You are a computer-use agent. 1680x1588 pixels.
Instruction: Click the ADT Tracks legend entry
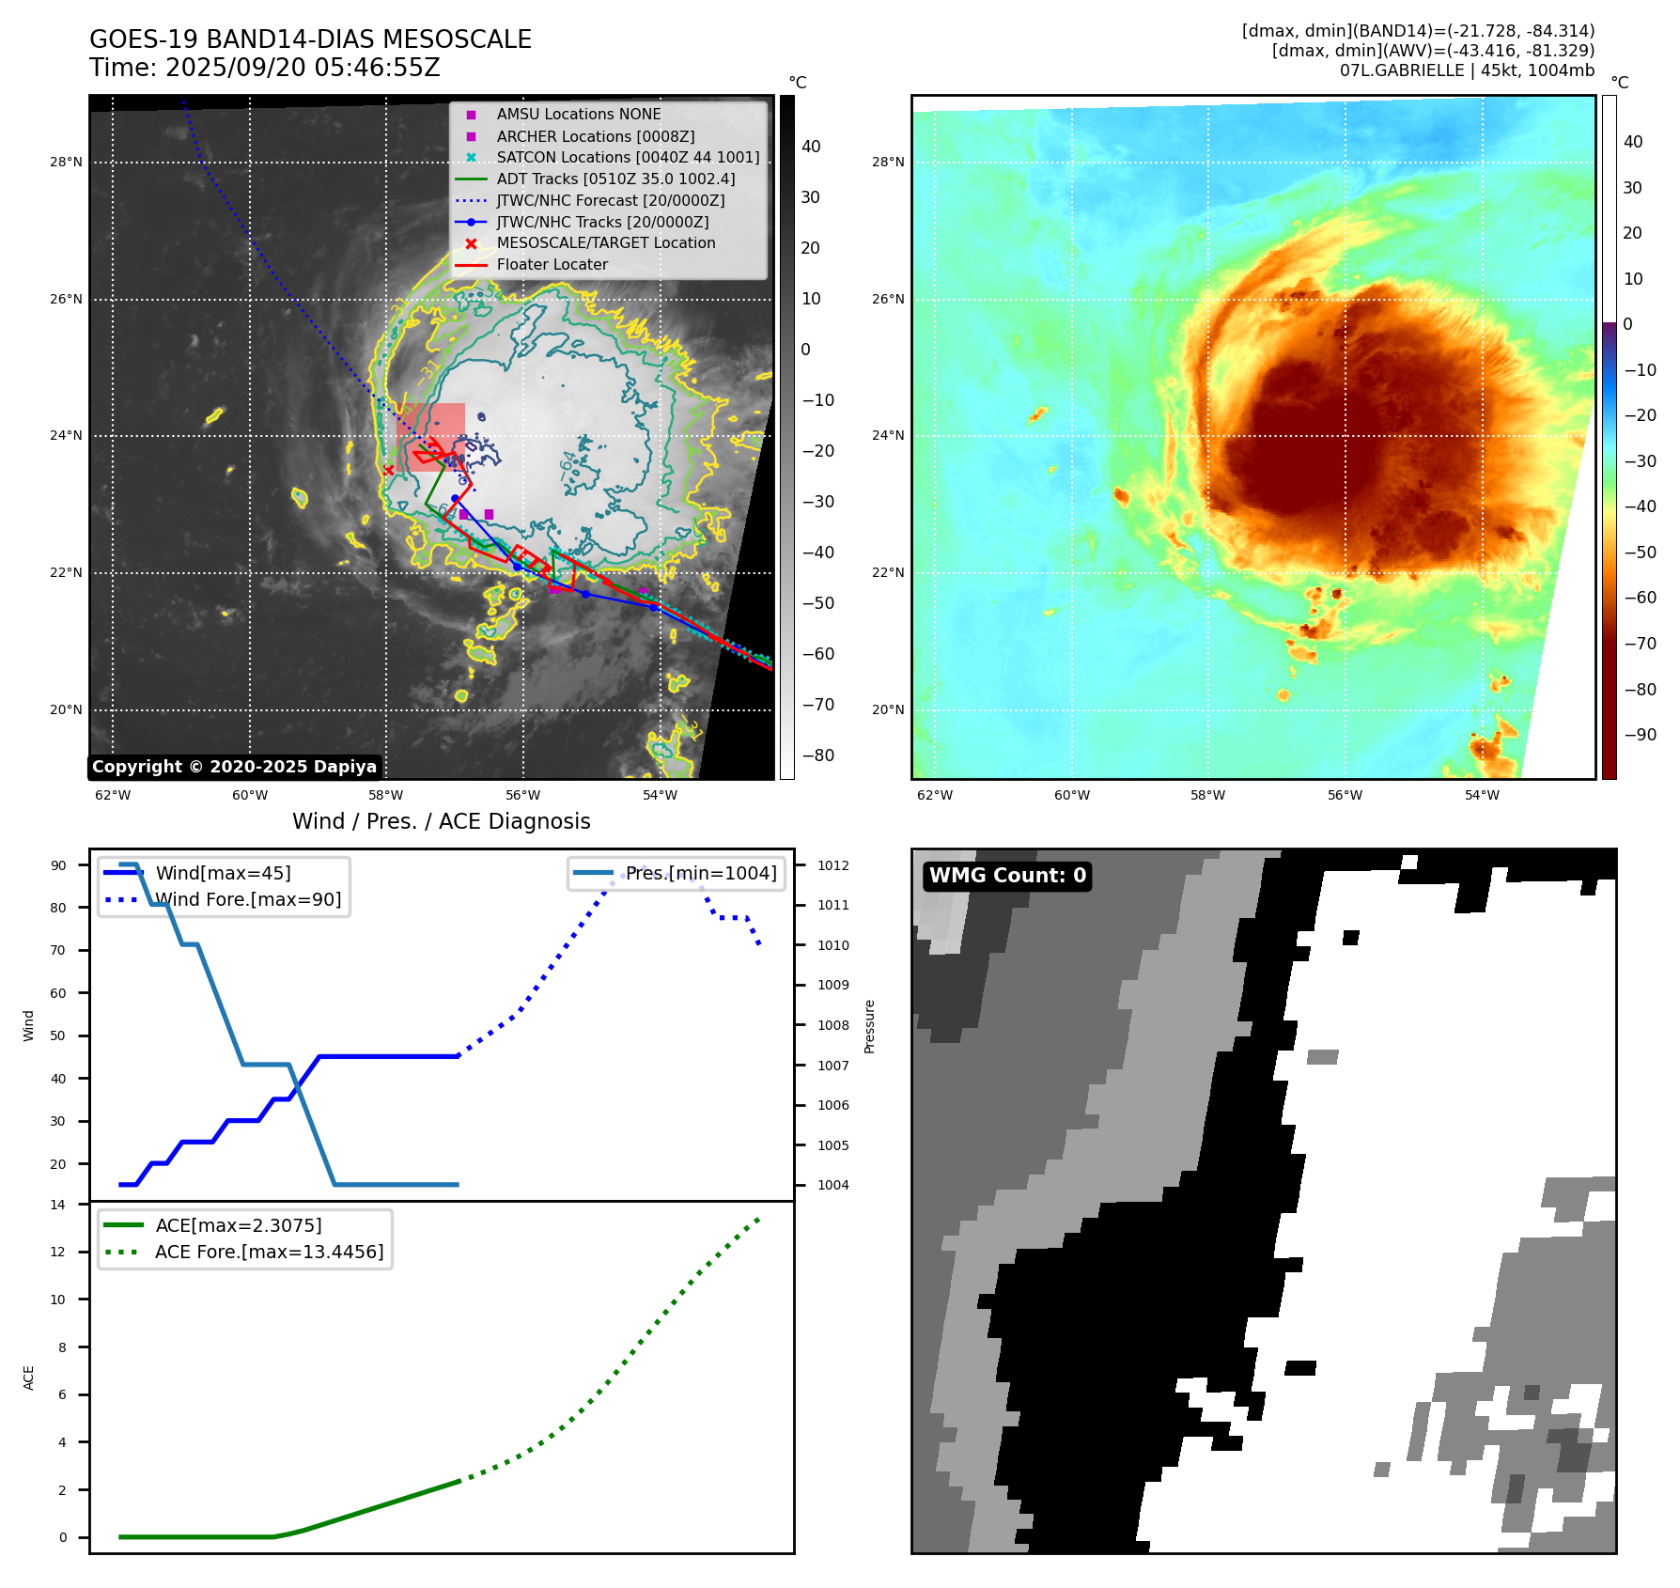tap(615, 179)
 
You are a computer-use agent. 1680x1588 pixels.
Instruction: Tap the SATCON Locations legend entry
tap(628, 157)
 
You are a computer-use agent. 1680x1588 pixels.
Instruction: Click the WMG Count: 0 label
tap(1007, 876)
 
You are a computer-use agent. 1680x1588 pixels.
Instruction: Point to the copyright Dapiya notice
tap(234, 767)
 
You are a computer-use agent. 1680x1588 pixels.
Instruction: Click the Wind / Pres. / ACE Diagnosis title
tap(441, 821)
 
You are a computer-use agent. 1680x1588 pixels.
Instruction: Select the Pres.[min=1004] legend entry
tap(701, 873)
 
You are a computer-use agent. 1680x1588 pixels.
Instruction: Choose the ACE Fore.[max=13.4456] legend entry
tap(269, 1252)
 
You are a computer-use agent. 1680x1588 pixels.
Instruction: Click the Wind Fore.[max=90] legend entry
tap(248, 899)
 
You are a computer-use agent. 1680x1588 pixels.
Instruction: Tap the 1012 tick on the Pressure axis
tap(832, 865)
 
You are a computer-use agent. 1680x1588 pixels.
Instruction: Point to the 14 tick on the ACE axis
tap(58, 1205)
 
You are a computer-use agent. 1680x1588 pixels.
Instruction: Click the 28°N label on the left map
tap(66, 162)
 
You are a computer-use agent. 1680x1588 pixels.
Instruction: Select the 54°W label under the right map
tap(1482, 795)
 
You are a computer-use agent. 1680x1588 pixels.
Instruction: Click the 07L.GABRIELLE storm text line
tap(1467, 70)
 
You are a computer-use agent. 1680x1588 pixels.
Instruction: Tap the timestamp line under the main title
tap(265, 68)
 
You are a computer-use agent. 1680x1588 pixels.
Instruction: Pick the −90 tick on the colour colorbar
tap(1640, 734)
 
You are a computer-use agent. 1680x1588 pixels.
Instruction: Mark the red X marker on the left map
tap(389, 470)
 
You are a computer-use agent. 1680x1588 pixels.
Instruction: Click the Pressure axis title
tap(869, 1026)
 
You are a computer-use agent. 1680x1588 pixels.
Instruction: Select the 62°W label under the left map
tap(113, 795)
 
